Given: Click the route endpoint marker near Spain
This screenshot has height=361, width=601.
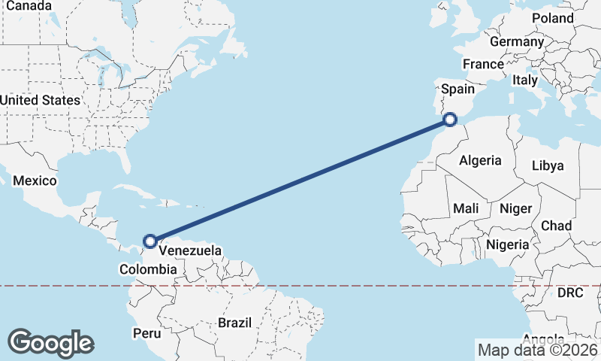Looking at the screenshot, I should [450, 119].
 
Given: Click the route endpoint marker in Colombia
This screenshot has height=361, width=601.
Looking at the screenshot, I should [150, 241].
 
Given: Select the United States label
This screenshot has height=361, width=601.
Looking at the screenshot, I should [39, 100].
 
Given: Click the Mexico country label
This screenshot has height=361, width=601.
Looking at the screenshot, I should [35, 181].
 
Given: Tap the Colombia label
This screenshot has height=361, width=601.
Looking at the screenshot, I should [148, 269].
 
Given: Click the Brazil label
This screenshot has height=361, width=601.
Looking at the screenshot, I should [234, 323].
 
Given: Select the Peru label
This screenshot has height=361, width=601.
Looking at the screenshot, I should [146, 332].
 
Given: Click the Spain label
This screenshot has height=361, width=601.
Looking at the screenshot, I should [458, 89].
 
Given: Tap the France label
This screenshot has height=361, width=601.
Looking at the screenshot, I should [482, 65].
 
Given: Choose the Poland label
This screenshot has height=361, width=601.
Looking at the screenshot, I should [552, 18].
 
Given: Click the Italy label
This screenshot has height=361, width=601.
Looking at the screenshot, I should [524, 80].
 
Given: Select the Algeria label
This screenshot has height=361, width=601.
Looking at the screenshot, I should [479, 160].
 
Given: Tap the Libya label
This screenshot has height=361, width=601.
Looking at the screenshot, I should [547, 166].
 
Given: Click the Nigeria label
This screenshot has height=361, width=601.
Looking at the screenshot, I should [507, 244].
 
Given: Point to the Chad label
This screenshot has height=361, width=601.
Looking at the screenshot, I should [556, 226].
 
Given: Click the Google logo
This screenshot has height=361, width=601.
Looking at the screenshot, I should [50, 343].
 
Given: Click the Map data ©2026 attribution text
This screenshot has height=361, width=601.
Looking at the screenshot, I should [537, 350].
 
